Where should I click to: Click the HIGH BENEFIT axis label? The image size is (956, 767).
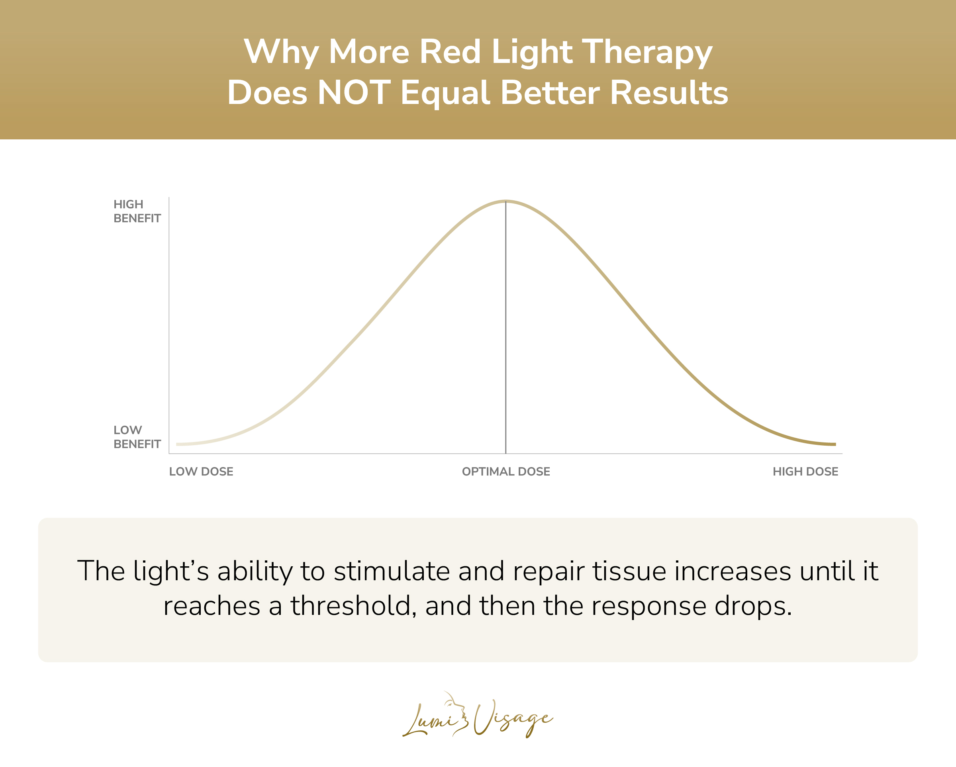pos(137,211)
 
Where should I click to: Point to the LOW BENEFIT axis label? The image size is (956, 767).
pos(137,437)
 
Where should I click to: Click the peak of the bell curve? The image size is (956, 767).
pos(506,201)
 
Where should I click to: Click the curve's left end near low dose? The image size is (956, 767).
pos(178,444)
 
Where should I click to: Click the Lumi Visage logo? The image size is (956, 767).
pos(478,715)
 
